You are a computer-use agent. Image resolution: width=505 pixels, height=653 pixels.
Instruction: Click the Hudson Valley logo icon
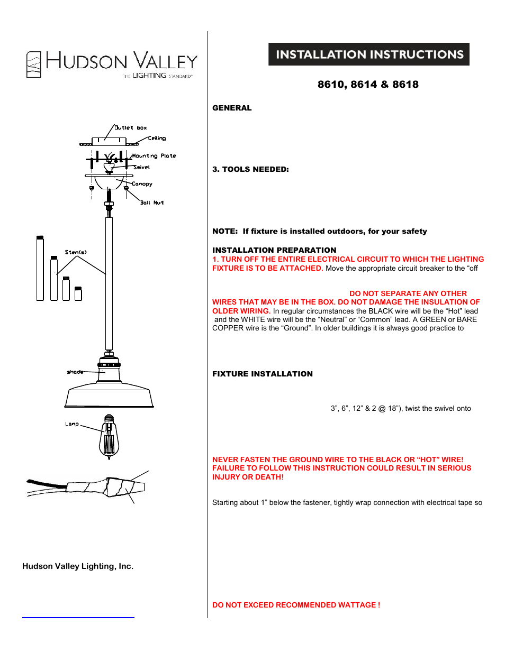[34, 65]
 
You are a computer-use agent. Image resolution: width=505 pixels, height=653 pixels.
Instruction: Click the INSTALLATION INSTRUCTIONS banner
[369, 54]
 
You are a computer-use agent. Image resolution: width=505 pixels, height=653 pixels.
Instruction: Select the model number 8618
[405, 85]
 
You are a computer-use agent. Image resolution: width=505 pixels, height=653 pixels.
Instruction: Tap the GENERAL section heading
[232, 108]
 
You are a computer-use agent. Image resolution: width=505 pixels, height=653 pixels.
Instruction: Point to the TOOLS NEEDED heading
[250, 169]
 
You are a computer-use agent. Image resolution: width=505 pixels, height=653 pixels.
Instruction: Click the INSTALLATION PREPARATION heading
[274, 250]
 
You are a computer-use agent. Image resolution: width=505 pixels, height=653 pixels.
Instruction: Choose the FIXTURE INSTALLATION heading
[263, 374]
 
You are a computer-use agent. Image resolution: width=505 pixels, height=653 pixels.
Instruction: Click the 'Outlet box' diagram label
[131, 127]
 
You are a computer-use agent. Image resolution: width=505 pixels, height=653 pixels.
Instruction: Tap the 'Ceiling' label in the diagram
[157, 138]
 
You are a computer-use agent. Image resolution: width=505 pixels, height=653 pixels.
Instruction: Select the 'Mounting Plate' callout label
[154, 156]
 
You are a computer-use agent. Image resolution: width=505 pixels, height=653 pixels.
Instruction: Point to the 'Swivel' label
[142, 167]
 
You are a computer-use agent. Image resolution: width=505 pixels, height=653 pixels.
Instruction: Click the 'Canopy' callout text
[142, 184]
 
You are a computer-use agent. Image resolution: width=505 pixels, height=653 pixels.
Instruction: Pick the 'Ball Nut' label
[152, 203]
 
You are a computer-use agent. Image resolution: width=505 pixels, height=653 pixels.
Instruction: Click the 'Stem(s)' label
[76, 252]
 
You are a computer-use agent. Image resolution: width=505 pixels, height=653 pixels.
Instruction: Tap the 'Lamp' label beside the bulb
[72, 424]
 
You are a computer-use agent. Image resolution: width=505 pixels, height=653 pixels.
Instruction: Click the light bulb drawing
[109, 438]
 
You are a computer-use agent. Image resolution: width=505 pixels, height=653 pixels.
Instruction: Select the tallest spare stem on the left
[40, 269]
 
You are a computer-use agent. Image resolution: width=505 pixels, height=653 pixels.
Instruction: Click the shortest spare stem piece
[78, 293]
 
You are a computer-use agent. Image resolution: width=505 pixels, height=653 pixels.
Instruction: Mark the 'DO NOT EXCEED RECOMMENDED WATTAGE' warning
[296, 605]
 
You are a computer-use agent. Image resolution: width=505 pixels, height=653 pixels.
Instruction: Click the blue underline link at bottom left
[78, 617]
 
